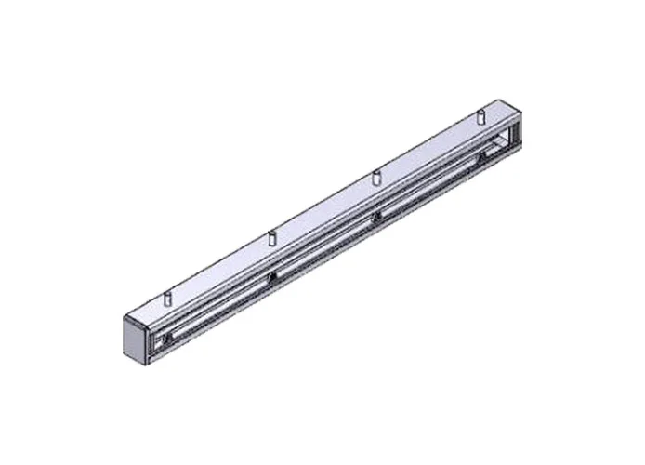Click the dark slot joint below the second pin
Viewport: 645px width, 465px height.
coord(272,277)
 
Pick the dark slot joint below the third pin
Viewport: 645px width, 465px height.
coord(376,216)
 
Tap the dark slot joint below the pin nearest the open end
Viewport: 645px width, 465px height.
coord(480,156)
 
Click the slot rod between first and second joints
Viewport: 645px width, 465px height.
coord(220,309)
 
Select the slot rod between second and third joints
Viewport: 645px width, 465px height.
coord(324,246)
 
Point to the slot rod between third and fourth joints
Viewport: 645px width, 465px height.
coord(428,186)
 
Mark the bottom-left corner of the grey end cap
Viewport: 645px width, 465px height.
coord(124,360)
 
